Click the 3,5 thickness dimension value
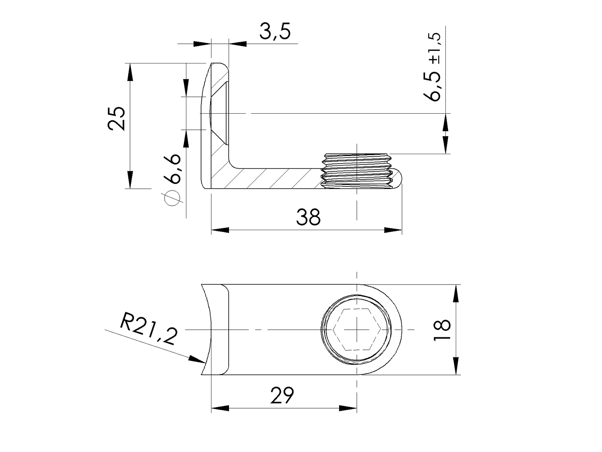(275, 32)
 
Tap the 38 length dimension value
(308, 217)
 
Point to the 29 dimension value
(282, 395)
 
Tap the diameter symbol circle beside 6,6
(172, 199)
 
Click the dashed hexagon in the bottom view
(357, 329)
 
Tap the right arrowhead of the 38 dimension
(393, 230)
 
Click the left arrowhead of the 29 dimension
(220, 408)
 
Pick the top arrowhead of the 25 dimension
(130, 72)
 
